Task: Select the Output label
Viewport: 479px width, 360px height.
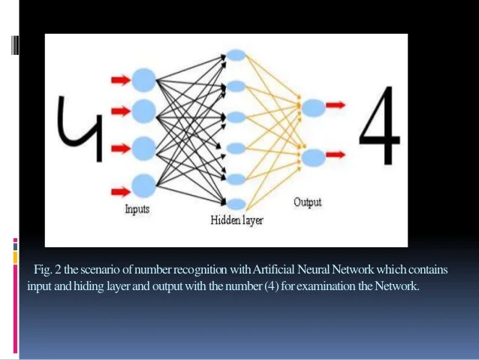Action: pyautogui.click(x=308, y=202)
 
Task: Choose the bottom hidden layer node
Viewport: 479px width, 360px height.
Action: pyautogui.click(x=236, y=203)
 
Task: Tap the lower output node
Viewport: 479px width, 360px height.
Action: pyautogui.click(x=314, y=156)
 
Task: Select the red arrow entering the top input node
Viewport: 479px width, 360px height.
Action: pyautogui.click(x=119, y=78)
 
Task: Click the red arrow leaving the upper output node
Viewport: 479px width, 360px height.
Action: pyautogui.click(x=336, y=106)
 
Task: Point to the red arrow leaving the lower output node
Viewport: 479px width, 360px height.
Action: pyautogui.click(x=336, y=154)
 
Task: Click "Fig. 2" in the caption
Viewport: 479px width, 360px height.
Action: pyautogui.click(x=45, y=270)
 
